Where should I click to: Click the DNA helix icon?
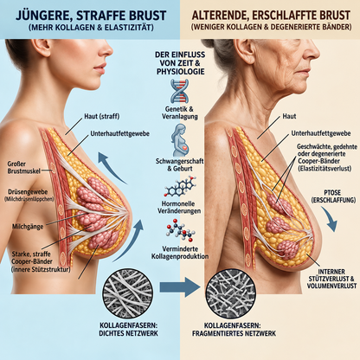point(179,91)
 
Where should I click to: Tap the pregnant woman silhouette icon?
point(180,140)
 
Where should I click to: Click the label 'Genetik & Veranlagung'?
point(180,112)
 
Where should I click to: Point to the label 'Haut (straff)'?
point(101,116)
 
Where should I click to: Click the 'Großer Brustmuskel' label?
point(24,167)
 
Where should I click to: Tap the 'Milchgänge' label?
point(28,227)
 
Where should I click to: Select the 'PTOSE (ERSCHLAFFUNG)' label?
point(333,196)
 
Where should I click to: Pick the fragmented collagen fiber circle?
point(232,293)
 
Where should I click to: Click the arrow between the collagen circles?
point(180,286)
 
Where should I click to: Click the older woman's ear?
point(244,52)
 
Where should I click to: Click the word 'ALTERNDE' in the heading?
point(220,15)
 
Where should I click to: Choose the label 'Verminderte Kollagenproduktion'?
point(180,253)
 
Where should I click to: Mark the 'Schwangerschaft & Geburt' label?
point(180,164)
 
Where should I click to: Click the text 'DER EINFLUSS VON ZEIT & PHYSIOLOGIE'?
point(180,63)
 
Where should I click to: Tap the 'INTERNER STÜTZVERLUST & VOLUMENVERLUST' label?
point(331,279)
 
